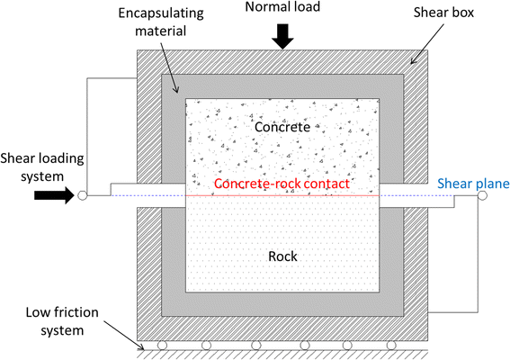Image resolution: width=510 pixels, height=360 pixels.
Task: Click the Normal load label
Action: pos(282,11)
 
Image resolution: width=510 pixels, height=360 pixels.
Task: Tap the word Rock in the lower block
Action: pos(282,256)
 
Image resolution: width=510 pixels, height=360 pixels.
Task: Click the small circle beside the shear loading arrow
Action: pos(82,194)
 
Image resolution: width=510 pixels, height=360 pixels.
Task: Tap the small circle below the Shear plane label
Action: pos(482,194)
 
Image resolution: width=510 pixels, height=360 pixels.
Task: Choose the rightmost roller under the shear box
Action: pos(390,345)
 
